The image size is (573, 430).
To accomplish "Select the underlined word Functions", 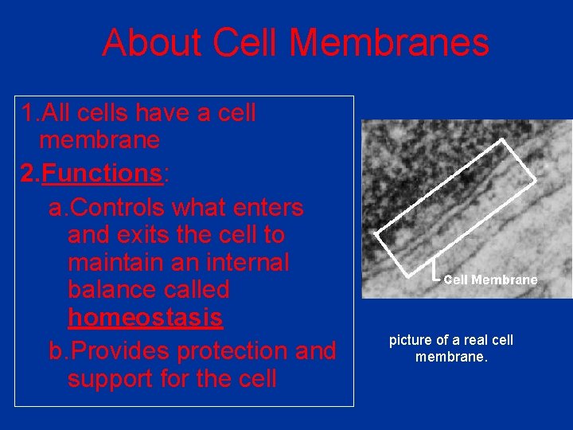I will point(102,174).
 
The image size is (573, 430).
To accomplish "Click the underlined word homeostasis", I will point(145,318).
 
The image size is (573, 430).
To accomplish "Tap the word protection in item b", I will point(244,351).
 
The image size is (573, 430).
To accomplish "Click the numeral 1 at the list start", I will point(28,114).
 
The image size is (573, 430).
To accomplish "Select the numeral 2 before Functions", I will point(28,174).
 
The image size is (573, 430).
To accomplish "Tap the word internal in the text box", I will point(248,263).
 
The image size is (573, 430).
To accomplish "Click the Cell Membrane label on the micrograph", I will point(490,280).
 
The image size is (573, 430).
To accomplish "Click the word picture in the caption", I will point(410,341).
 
